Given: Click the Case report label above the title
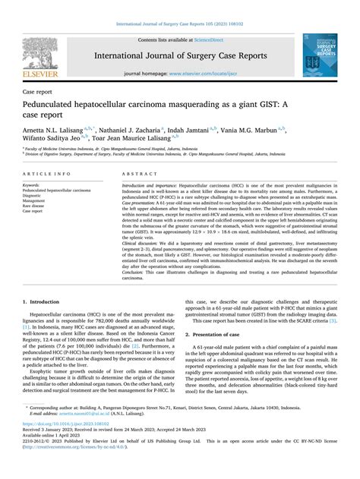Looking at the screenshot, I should [39, 90].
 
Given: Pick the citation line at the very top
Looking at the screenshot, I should [180, 7].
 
